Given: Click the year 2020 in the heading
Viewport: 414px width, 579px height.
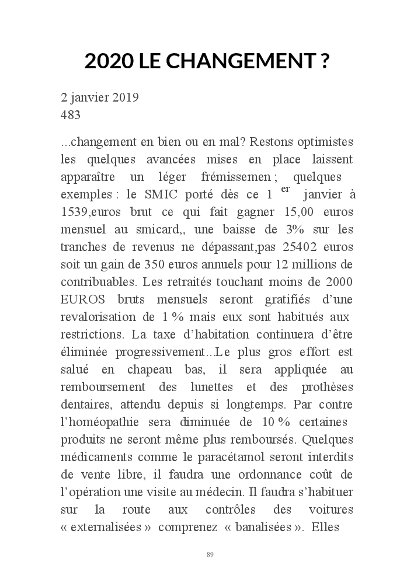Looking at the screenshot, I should (x=109, y=61).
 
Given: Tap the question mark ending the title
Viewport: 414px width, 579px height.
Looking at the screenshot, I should (x=325, y=61).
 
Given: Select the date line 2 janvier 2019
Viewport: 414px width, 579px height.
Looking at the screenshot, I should (x=100, y=97).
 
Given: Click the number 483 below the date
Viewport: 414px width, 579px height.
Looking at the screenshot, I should (x=71, y=115).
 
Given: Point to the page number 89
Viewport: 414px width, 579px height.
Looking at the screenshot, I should (x=210, y=554).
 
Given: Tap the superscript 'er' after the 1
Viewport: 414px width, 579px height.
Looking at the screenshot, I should (x=286, y=189).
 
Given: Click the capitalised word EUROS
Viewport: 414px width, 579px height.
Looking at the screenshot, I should (x=84, y=299).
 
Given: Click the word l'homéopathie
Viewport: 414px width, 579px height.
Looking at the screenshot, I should (x=98, y=422).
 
